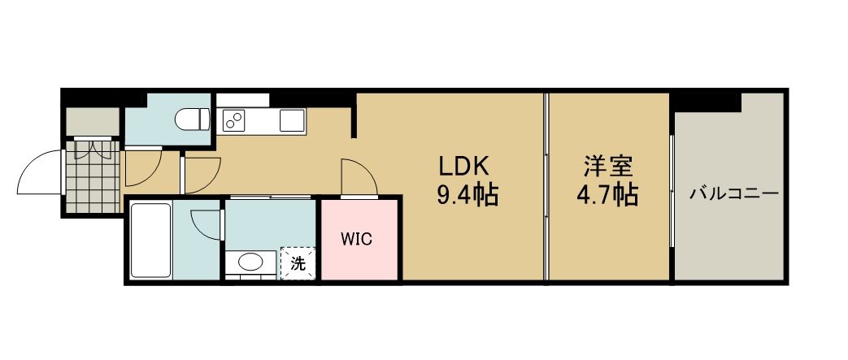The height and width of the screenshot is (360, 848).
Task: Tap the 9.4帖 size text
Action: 467,195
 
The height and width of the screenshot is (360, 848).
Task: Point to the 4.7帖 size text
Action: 607,195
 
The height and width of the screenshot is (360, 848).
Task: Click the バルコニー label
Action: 734,193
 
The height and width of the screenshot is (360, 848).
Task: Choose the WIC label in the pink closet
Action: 356,239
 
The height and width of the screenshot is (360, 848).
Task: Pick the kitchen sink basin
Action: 293,120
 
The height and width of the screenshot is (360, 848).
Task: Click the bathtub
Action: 150,241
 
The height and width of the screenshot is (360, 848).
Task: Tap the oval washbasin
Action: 251,263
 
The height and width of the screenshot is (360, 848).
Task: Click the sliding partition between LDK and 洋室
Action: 546,186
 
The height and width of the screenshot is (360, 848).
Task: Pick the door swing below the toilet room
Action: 143,169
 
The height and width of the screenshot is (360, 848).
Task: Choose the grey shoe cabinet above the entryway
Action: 93,122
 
